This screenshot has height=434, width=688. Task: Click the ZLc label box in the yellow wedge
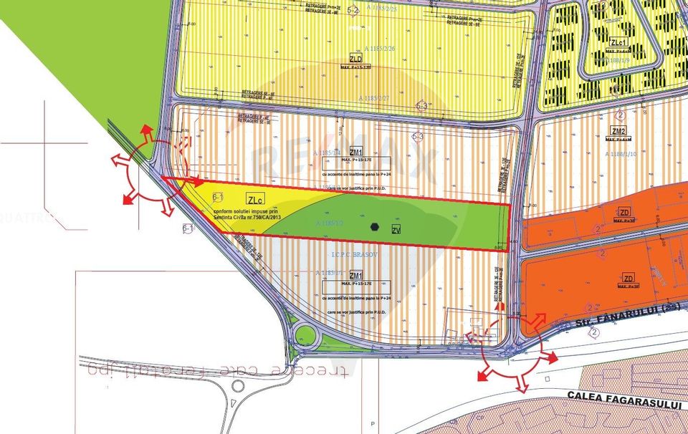(x=254, y=198)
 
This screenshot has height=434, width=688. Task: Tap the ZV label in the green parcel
(x=396, y=230)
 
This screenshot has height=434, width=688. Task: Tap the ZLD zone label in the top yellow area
(x=355, y=58)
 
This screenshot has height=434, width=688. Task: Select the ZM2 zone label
(x=619, y=131)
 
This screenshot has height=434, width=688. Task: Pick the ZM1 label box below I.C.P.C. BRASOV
(x=356, y=275)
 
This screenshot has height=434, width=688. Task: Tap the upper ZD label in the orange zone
(x=625, y=212)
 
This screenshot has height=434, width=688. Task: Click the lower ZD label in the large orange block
(x=629, y=278)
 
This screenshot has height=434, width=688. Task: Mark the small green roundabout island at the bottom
(x=306, y=334)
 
